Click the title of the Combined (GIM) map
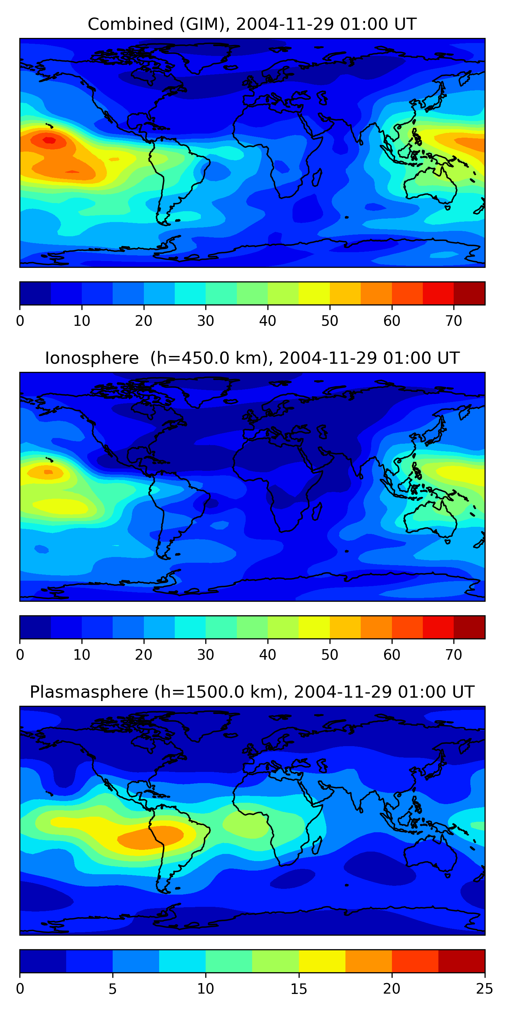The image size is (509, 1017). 252,24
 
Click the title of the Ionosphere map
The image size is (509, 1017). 252,358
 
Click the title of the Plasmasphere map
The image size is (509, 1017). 252,692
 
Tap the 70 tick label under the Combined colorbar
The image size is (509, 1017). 454,321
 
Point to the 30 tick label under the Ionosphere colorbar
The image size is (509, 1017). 206,655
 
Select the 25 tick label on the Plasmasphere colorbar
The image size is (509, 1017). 485,989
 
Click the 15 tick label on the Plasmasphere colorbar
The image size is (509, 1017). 299,989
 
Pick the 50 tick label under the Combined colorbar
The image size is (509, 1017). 329,321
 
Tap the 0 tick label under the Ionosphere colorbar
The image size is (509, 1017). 20,655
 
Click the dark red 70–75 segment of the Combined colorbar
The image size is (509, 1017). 469,293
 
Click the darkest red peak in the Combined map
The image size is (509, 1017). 49,140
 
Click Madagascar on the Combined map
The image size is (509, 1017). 317,178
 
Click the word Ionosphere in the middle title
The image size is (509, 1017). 92,358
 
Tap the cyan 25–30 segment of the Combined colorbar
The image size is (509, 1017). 190,293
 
